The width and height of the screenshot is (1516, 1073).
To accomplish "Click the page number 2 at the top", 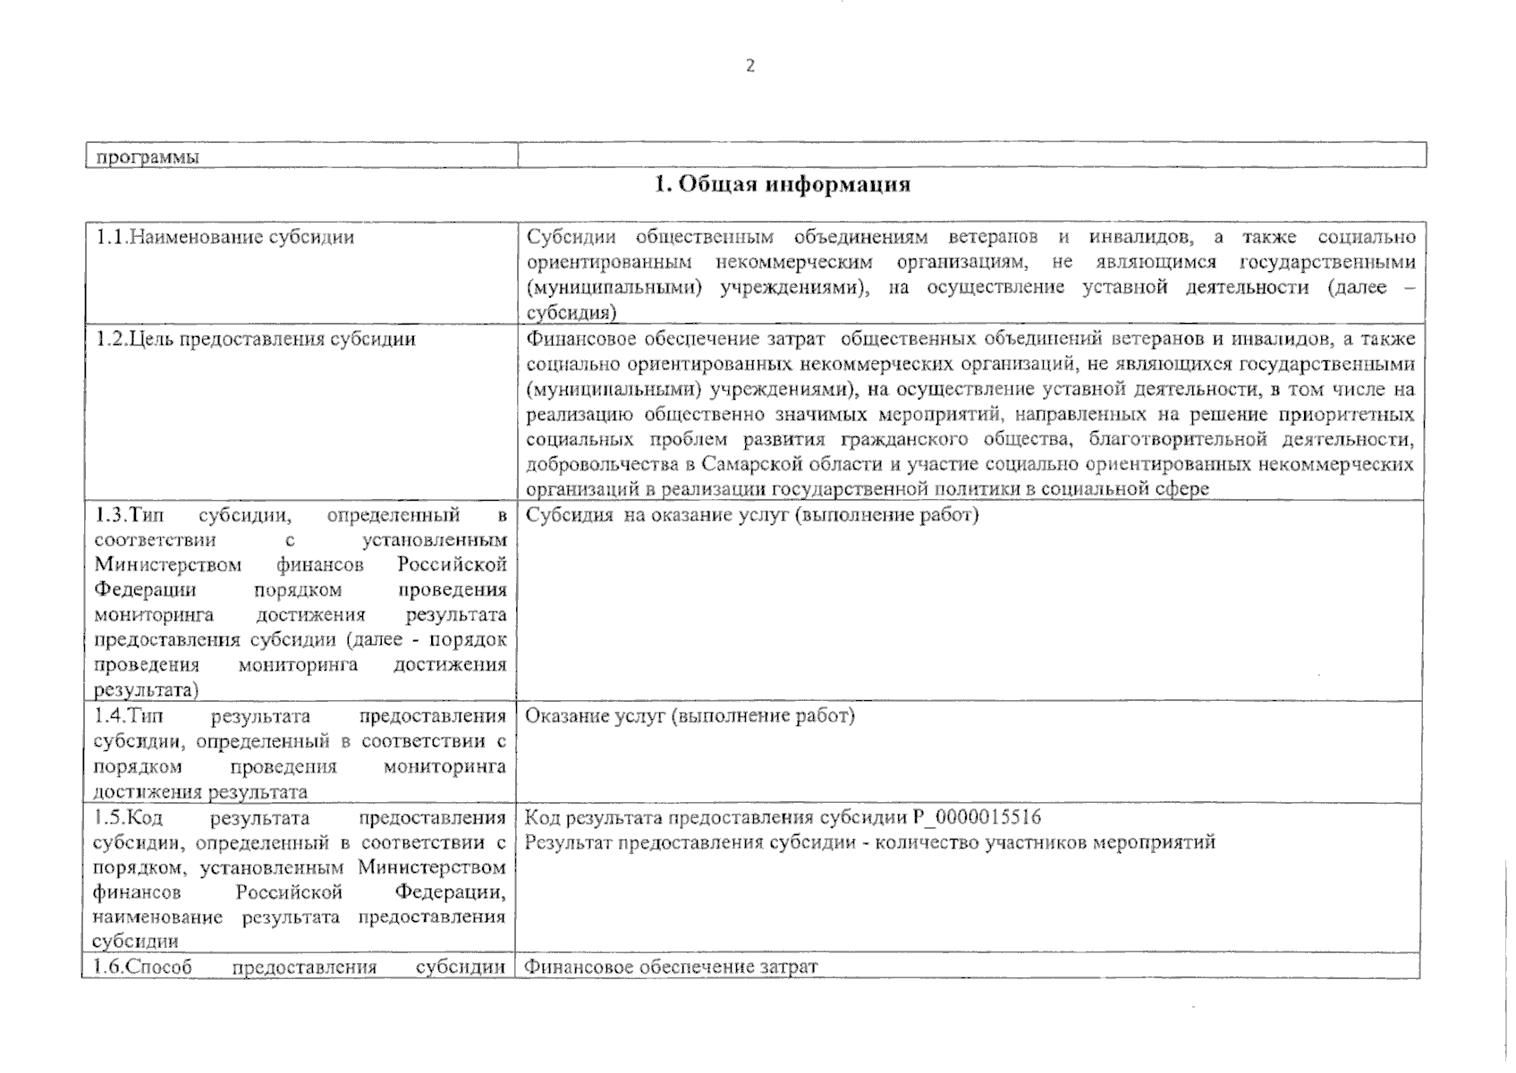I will pyautogui.click(x=750, y=65).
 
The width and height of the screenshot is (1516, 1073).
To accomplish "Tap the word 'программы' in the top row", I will pyautogui.click(x=148, y=157).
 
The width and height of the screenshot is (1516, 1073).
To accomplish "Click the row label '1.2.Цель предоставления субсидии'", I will pyautogui.click(x=256, y=339).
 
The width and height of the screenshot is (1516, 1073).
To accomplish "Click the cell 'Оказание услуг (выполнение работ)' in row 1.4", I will pyautogui.click(x=690, y=715).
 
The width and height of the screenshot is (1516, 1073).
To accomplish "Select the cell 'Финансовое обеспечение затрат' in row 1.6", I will pyautogui.click(x=671, y=967).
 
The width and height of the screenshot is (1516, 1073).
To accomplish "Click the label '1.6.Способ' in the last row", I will pyautogui.click(x=143, y=967).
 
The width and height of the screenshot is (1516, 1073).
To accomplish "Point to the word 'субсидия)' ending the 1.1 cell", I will pyautogui.click(x=572, y=313).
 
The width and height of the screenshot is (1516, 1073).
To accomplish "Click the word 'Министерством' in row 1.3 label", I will pyautogui.click(x=168, y=565).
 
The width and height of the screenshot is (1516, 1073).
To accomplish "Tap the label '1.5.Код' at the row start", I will pyautogui.click(x=127, y=818).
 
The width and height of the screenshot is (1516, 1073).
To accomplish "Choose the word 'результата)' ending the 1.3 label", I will pyautogui.click(x=147, y=690).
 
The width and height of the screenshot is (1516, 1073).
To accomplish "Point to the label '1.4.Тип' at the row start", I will pyautogui.click(x=128, y=716).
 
